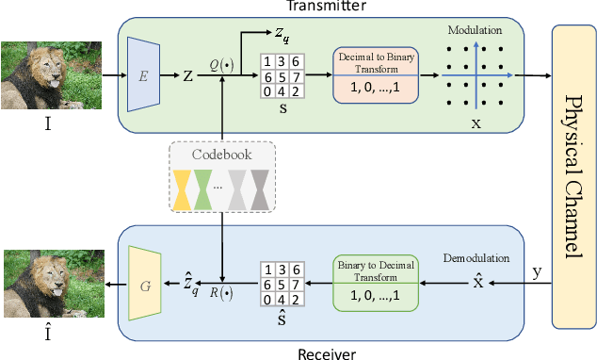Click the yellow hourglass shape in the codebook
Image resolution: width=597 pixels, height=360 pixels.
181,189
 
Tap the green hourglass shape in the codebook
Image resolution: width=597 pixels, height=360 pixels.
204,189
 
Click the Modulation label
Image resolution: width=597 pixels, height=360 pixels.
475,30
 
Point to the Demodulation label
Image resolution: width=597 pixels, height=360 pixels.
476,256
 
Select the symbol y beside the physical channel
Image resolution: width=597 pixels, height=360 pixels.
537,272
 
